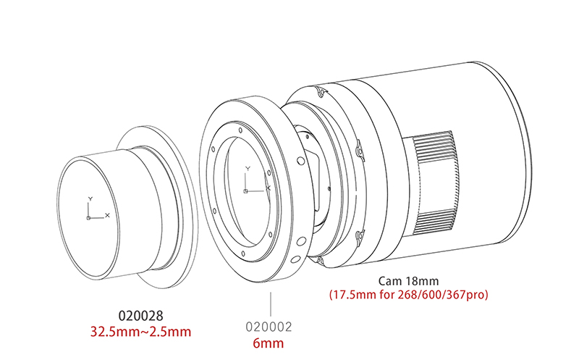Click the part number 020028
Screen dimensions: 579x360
click(140, 316)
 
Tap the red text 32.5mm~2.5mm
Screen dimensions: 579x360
click(140, 332)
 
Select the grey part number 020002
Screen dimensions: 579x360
click(269, 327)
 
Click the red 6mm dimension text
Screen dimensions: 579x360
click(269, 343)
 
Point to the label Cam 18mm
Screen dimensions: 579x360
click(408, 281)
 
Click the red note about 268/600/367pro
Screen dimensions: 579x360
click(408, 295)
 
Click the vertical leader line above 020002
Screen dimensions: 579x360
click(271, 304)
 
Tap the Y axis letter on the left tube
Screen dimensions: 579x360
click(90, 199)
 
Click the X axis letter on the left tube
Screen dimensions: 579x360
click(107, 215)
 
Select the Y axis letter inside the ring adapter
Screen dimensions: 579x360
click(248, 169)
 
